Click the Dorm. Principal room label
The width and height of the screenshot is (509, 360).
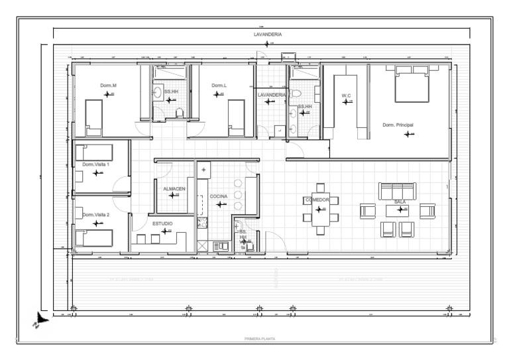(398, 125)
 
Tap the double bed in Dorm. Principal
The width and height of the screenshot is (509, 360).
(412, 84)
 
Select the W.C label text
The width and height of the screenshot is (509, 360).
(346, 95)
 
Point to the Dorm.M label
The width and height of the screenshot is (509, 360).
(108, 86)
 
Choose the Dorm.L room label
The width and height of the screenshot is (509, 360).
(219, 86)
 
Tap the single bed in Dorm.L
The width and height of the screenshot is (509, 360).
(237, 118)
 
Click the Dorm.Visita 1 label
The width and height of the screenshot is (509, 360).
(96, 164)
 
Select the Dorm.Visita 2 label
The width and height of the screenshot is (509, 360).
(96, 215)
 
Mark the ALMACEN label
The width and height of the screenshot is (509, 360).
(174, 189)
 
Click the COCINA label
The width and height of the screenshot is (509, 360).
(219, 197)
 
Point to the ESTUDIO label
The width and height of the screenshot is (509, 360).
(163, 223)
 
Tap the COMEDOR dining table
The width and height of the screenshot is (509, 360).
(321, 209)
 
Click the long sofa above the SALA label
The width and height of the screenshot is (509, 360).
(397, 191)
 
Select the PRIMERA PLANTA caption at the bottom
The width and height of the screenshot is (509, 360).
(260, 339)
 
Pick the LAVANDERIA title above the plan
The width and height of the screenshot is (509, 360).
(268, 33)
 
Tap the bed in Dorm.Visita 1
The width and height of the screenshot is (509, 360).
(94, 152)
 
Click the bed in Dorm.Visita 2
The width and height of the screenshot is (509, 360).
(94, 237)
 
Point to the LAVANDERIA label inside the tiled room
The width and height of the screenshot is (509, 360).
(271, 95)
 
